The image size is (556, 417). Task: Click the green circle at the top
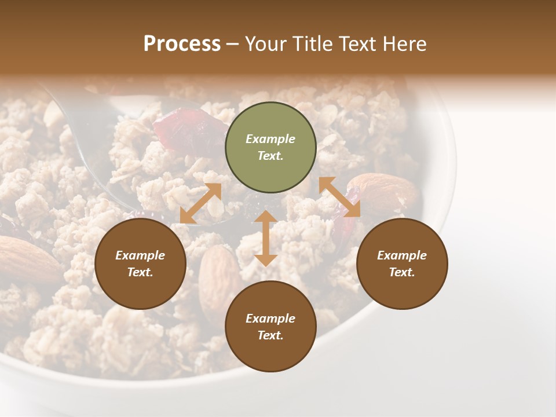pos(270,148)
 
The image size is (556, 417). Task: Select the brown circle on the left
pos(140,264)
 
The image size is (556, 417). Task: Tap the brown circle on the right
pos(402,264)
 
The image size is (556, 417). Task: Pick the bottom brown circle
pos(270,327)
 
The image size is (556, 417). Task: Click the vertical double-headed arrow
pos(266,238)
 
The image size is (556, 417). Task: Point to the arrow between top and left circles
pos(200,203)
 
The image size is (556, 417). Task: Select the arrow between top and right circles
pos(340,197)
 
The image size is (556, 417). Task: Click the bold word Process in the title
pos(182,44)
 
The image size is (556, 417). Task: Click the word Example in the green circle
pos(270,139)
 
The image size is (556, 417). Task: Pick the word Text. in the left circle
pos(140,272)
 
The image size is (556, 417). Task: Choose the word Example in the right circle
pos(402,255)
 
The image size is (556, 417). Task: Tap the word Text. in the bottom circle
pos(270,335)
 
